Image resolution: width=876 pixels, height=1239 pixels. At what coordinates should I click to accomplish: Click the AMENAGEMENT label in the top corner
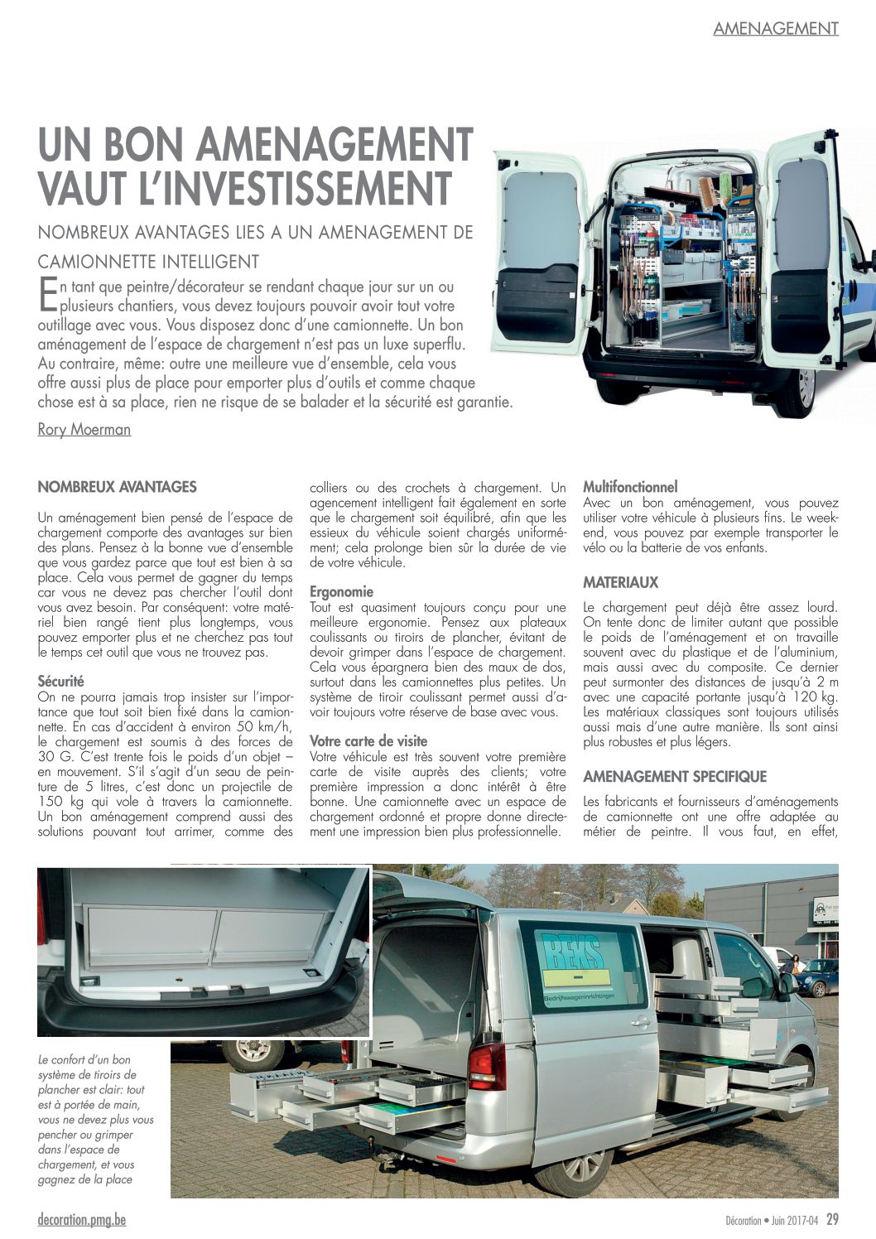(776, 28)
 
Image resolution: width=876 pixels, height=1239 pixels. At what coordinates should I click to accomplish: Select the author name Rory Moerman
(84, 429)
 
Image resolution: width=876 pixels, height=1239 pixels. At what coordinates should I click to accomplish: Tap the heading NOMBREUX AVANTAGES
(117, 487)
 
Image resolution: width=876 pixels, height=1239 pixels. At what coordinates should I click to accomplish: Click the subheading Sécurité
(60, 681)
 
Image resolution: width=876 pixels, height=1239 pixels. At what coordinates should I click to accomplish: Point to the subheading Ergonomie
(341, 592)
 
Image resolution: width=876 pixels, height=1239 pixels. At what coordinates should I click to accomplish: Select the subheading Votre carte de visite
(368, 740)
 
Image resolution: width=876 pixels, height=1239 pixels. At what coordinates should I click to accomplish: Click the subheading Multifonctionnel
(630, 487)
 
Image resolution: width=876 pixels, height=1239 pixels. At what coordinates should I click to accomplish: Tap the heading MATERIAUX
(620, 583)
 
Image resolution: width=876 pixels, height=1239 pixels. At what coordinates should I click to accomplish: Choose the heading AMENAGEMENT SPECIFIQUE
(675, 777)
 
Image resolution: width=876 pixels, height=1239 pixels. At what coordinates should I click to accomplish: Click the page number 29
(832, 1219)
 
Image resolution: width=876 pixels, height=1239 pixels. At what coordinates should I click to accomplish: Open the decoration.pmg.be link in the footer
(82, 1220)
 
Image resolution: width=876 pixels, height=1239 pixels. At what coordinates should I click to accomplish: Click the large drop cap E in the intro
(47, 294)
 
